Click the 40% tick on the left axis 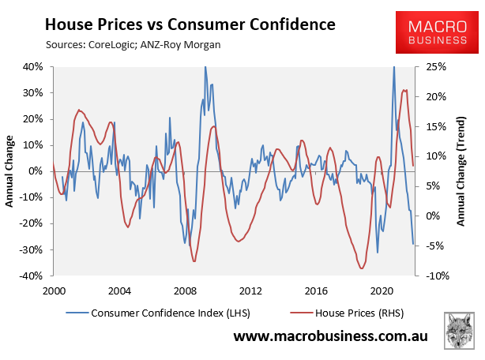click(x=32, y=66)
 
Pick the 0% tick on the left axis click(x=35, y=171)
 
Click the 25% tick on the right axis click(x=436, y=66)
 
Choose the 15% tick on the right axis click(x=436, y=126)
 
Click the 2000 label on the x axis click(x=53, y=290)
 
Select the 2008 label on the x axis click(x=184, y=290)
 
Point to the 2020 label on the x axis click(x=382, y=290)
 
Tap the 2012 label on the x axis click(x=250, y=290)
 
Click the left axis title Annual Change click(x=10, y=171)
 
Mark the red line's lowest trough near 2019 click(x=362, y=268)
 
